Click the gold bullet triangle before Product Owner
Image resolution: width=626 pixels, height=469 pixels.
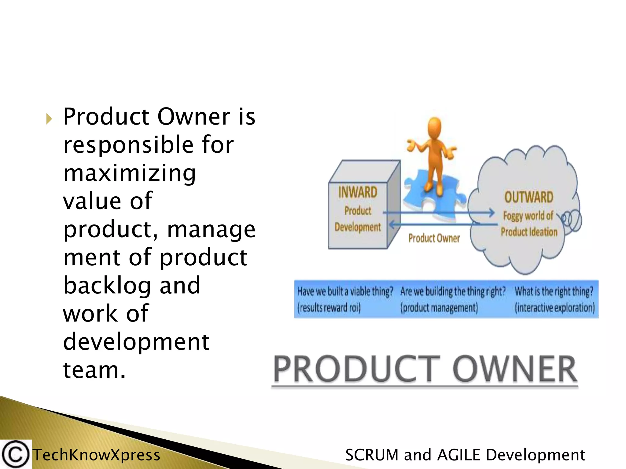click(x=49, y=119)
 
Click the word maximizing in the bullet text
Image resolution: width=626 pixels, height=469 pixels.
click(x=129, y=173)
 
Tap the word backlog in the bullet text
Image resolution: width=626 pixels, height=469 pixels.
click(x=107, y=285)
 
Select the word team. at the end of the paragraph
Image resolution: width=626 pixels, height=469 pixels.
click(x=94, y=370)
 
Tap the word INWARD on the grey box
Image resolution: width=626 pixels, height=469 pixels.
click(x=358, y=192)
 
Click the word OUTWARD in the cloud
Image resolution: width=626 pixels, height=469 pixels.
click(x=528, y=197)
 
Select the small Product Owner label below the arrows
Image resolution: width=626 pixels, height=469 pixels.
click(x=434, y=238)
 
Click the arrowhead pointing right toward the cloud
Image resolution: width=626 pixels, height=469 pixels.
click(x=491, y=213)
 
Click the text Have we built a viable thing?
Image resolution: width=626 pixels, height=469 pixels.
click(x=345, y=292)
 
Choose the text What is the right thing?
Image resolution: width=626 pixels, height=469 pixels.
click(x=554, y=291)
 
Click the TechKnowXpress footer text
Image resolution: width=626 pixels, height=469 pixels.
click(x=96, y=455)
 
